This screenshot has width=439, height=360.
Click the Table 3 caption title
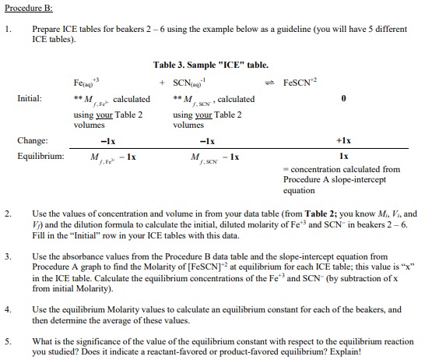tap(211, 65)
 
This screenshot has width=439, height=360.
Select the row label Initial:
tap(30, 99)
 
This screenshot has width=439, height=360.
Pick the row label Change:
tap(31, 141)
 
